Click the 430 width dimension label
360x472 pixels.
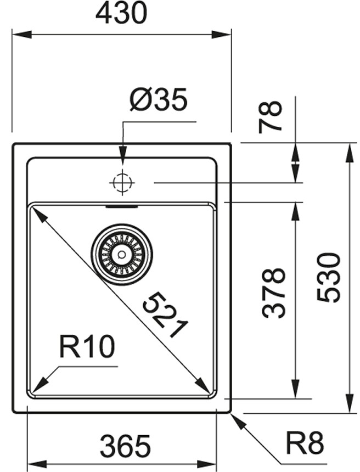pyautogui.click(x=122, y=14)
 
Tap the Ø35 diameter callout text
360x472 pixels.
pyautogui.click(x=159, y=99)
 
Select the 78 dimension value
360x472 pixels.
pyautogui.click(x=271, y=117)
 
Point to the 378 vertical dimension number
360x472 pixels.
pyautogui.click(x=273, y=293)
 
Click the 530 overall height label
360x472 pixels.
pyautogui.click(x=329, y=278)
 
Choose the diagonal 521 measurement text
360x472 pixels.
pyautogui.click(x=165, y=315)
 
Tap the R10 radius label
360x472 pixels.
pyautogui.click(x=87, y=346)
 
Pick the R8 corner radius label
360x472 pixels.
pyautogui.click(x=305, y=443)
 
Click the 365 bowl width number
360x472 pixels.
pyautogui.click(x=125, y=445)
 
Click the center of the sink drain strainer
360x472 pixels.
pyautogui.click(x=122, y=254)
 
